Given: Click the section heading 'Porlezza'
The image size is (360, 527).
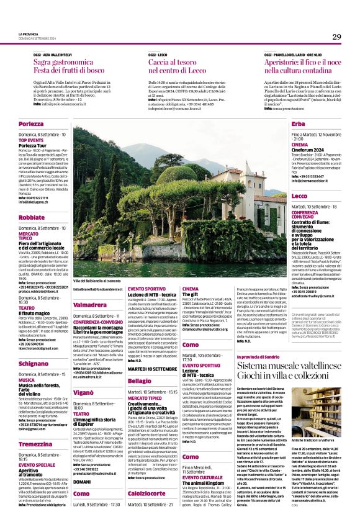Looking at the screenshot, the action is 31,125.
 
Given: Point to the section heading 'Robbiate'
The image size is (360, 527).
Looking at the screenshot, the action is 32,218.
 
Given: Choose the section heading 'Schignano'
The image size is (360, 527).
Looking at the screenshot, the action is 34,364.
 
